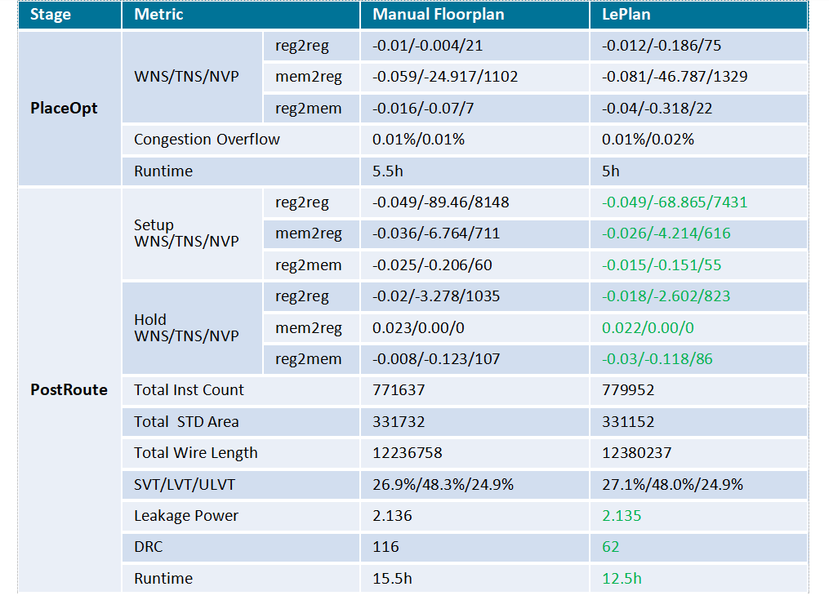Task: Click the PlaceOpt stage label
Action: click(64, 109)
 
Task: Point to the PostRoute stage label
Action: click(69, 389)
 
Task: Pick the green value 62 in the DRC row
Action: click(611, 547)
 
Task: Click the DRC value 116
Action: click(386, 547)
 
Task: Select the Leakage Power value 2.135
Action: click(622, 515)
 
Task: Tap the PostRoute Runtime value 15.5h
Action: click(392, 578)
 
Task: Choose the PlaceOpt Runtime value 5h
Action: click(611, 171)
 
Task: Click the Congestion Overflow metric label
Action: click(207, 140)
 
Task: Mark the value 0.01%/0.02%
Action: click(648, 140)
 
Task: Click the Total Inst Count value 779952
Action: click(628, 390)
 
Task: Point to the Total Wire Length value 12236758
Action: click(407, 453)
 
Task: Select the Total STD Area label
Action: click(186, 422)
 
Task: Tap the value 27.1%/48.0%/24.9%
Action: click(672, 484)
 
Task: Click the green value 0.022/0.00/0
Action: click(648, 327)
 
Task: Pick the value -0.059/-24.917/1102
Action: click(445, 77)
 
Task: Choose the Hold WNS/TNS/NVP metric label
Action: click(186, 327)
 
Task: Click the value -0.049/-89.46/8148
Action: click(441, 202)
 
